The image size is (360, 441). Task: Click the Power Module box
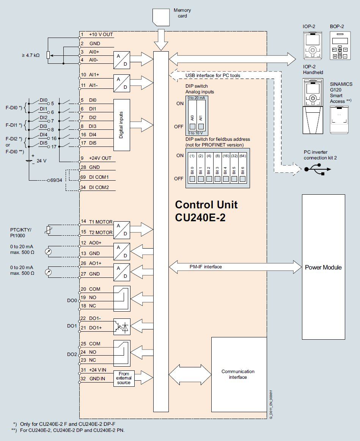coord(323,267)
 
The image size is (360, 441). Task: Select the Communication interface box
coord(238,374)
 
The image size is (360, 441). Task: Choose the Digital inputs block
coord(121,124)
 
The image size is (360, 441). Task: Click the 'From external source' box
coord(124,378)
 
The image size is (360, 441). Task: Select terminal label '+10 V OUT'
coord(101,35)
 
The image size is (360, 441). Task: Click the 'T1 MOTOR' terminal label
coord(101,222)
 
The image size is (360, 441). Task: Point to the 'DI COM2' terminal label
coord(99,187)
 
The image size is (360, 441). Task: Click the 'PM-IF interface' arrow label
coord(206,267)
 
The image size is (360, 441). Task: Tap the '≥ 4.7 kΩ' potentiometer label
coord(31,55)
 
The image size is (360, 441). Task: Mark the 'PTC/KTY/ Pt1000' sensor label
coord(21,233)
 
